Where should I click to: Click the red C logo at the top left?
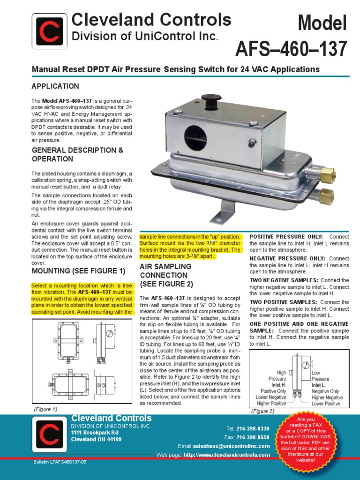49,31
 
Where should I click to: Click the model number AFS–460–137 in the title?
291,48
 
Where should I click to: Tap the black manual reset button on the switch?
211,100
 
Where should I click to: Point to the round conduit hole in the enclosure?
195,136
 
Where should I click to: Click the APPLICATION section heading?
55,86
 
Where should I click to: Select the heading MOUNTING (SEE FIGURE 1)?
78,271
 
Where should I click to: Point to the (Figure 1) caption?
45,409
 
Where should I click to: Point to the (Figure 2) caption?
262,411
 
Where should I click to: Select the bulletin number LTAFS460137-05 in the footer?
60,461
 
